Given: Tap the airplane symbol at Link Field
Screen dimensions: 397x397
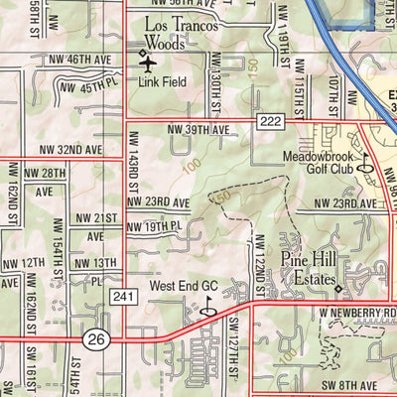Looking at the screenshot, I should point(149,63).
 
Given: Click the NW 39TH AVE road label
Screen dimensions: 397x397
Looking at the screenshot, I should point(199,130).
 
